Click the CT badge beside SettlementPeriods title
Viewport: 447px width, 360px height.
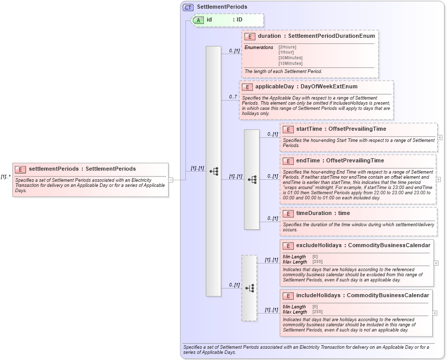[x=188, y=7]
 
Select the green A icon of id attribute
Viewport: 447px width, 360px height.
[x=198, y=20]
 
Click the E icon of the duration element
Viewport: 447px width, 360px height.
[x=250, y=36]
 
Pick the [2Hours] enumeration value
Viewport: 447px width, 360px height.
[x=287, y=47]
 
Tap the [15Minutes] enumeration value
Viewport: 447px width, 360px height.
[x=290, y=63]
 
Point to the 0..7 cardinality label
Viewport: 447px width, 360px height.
[x=233, y=97]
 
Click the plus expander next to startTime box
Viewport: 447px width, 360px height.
[x=440, y=137]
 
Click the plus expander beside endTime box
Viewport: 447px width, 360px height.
[x=438, y=179]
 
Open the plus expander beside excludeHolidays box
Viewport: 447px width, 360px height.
[x=436, y=263]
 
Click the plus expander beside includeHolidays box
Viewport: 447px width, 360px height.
[x=435, y=313]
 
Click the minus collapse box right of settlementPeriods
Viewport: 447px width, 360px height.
[x=171, y=180]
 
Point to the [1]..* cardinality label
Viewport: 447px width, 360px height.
[x=6, y=177]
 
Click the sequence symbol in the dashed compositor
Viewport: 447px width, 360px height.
[x=249, y=288]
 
